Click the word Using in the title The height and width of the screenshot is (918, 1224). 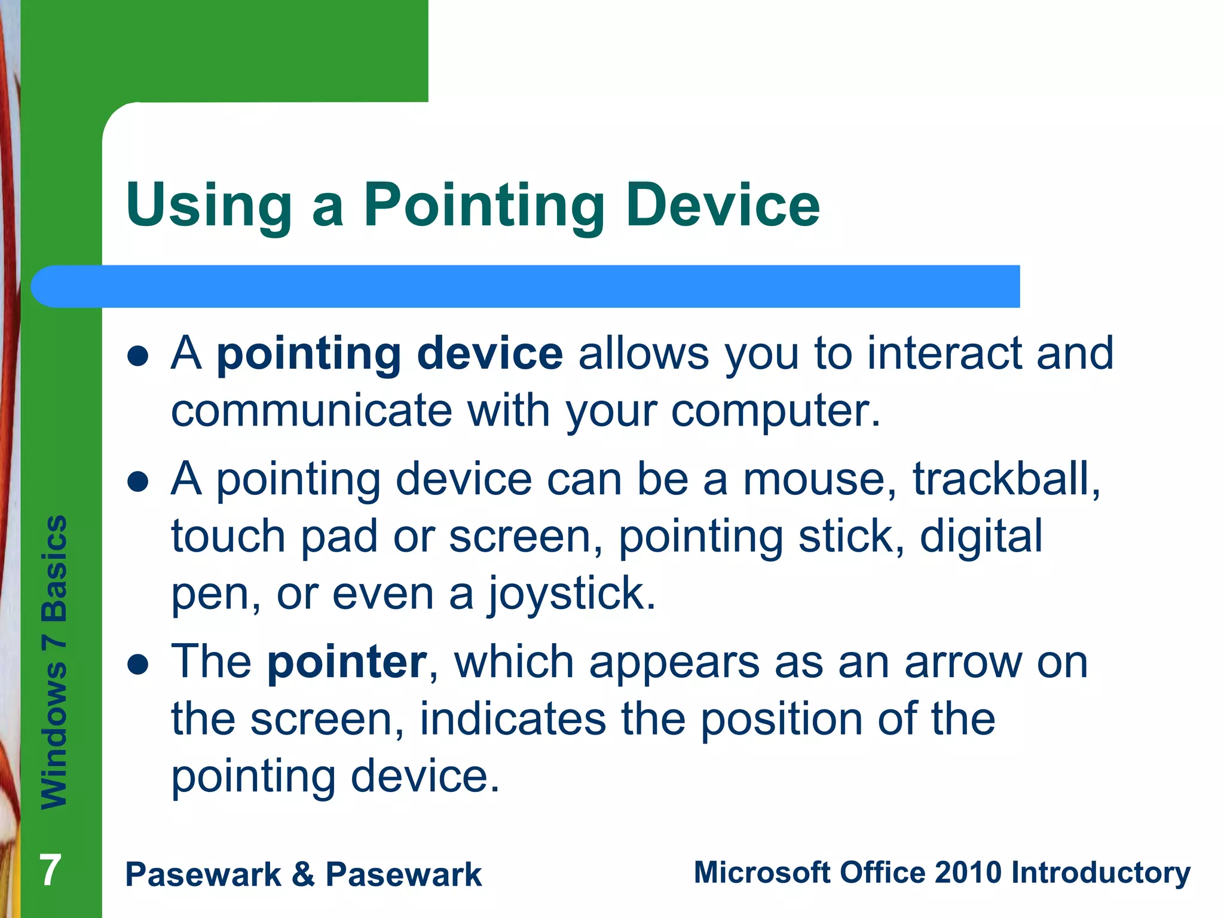(209, 206)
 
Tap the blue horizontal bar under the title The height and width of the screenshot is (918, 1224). (526, 286)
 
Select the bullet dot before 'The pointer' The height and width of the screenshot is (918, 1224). (138, 665)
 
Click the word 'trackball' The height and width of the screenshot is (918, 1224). (1005, 479)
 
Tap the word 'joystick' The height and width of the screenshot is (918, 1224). (571, 594)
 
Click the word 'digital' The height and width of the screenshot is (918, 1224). (981, 537)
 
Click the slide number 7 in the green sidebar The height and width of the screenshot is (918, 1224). (50, 870)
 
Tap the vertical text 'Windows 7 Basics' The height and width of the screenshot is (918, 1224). (54, 662)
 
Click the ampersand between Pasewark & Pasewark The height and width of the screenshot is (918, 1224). (304, 874)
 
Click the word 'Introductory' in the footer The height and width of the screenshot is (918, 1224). (1100, 873)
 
